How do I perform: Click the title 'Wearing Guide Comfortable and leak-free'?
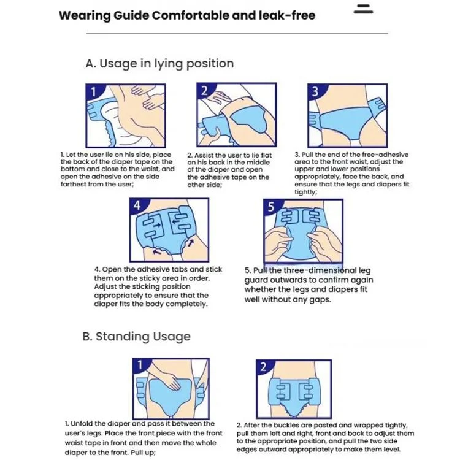[x=186, y=15]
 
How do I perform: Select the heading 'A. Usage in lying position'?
[x=159, y=63]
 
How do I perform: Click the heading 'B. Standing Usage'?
[x=136, y=337]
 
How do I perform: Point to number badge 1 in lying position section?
[x=93, y=92]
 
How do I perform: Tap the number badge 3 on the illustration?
[x=315, y=91]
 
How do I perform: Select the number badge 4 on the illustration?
[x=138, y=206]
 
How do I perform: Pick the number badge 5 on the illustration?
[x=271, y=207]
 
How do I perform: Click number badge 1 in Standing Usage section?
[x=140, y=366]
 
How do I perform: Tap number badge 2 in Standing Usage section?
[x=263, y=367]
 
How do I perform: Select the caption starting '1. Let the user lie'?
[x=118, y=169]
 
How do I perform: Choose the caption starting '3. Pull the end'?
[x=352, y=173]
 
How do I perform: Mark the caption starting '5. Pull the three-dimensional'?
[x=309, y=285]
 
